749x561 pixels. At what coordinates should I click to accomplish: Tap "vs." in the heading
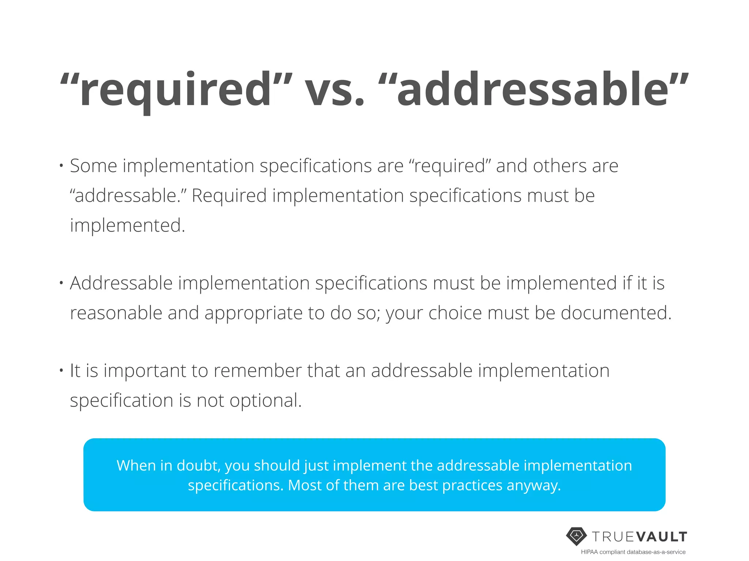coord(335,90)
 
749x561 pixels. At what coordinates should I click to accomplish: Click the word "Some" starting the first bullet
coord(93,166)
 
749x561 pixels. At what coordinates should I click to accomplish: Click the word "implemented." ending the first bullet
coord(128,225)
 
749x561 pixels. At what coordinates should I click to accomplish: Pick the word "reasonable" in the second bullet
coord(116,313)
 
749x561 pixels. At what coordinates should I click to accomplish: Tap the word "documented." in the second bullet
coord(616,313)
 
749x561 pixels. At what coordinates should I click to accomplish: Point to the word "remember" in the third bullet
coord(257,371)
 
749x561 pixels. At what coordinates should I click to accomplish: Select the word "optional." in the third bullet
coord(266,401)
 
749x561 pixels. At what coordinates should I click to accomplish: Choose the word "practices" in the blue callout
coord(472,485)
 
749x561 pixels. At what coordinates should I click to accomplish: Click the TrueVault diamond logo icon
coord(576,536)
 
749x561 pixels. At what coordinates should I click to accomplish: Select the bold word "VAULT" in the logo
coord(662,537)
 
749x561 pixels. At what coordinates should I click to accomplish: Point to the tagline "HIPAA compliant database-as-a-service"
coord(633,552)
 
